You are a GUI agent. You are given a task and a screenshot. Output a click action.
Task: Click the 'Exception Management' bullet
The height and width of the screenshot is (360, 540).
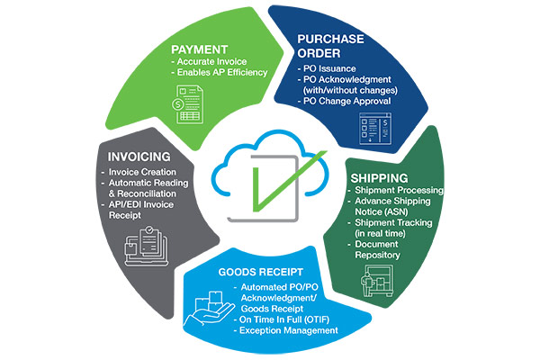click(288, 330)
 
